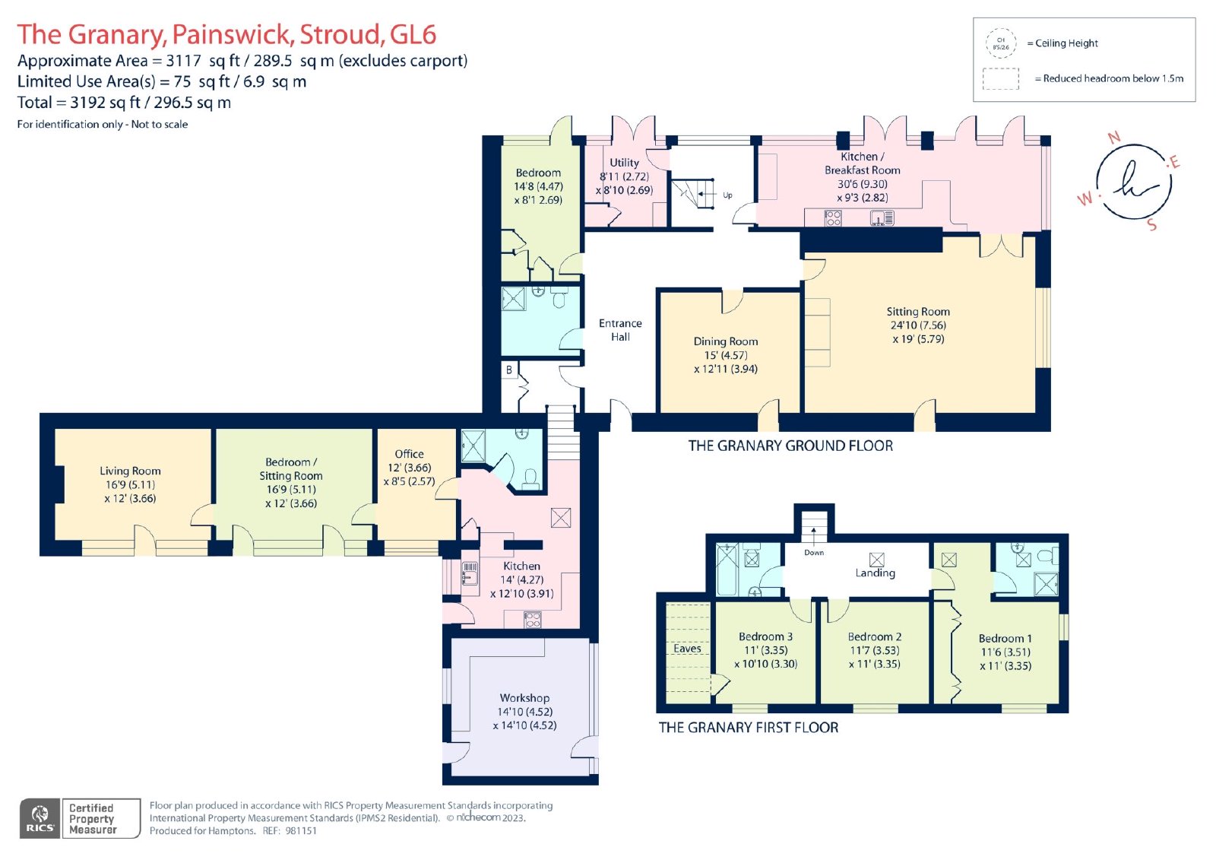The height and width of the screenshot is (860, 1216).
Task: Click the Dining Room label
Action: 725,341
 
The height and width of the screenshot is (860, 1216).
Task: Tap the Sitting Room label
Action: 918,311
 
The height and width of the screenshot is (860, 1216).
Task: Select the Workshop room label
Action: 524,697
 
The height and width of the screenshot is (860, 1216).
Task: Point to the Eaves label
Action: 687,648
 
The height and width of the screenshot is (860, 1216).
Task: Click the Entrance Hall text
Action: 620,330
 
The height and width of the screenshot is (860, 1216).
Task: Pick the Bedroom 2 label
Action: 875,636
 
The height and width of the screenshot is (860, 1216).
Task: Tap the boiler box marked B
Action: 508,370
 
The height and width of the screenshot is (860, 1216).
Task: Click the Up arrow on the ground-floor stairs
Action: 707,193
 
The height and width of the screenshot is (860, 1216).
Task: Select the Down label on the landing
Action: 814,553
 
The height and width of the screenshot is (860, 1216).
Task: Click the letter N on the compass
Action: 1114,138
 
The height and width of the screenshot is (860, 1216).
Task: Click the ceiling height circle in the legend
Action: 1001,43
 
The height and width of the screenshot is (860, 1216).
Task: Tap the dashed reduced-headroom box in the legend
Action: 1000,79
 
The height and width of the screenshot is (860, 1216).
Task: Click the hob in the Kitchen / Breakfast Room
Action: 833,218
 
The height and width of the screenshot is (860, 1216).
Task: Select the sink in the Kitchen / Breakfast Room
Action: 882,218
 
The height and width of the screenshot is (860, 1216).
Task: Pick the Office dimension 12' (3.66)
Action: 409,467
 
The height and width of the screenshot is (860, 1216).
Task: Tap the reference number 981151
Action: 301,830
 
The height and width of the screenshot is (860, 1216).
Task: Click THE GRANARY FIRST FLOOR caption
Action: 748,728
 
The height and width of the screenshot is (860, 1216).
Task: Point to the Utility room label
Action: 624,163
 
